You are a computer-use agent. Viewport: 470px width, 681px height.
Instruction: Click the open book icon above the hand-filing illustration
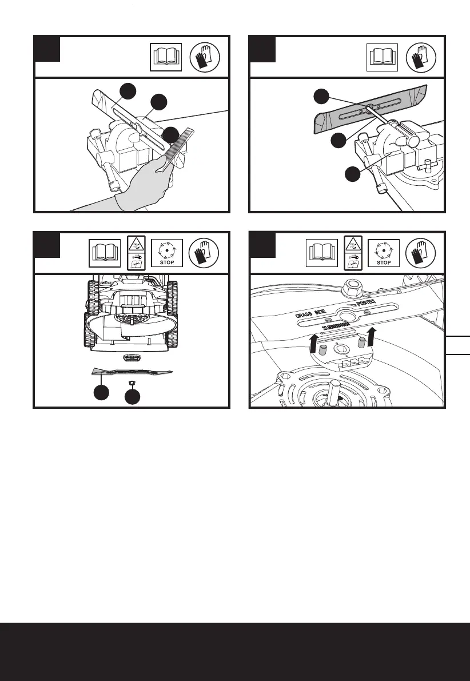166,57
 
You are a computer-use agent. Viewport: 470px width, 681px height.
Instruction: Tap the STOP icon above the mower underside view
167,253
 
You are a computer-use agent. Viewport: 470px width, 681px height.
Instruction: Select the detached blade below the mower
132,372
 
